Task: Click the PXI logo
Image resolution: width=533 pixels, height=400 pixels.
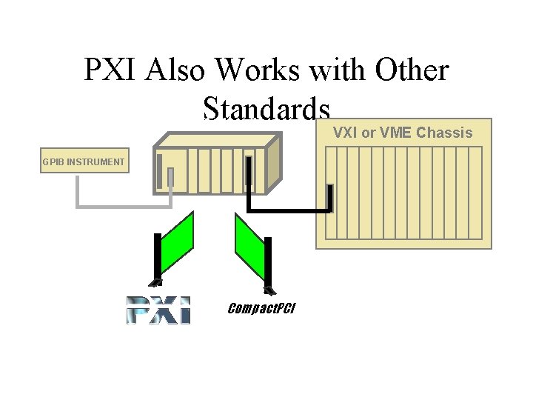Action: coord(158,310)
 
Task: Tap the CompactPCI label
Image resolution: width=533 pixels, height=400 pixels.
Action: coord(261,308)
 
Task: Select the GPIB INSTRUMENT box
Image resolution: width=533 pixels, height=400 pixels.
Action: coord(84,161)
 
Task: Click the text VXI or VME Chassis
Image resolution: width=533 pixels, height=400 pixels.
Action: coord(403,133)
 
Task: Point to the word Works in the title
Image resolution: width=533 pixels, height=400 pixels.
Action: coord(259,70)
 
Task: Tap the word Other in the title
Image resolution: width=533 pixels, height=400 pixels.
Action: coord(413,70)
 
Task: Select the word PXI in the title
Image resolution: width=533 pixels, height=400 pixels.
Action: coord(113,70)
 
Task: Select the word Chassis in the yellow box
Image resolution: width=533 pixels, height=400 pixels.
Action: coord(444,133)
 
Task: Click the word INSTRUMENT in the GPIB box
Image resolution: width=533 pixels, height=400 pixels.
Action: coord(95,161)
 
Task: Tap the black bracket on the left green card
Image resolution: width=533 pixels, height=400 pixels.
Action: coord(157,259)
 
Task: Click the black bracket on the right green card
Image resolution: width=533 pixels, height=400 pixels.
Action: coord(268,263)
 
